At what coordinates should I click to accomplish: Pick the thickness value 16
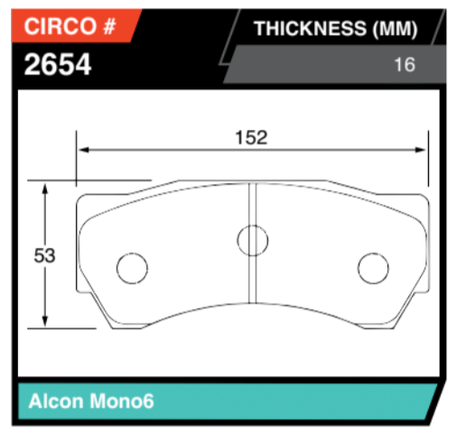[x=404, y=66]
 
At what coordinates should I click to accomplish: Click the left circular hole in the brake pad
[x=132, y=268]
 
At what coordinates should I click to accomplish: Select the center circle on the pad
[x=252, y=239]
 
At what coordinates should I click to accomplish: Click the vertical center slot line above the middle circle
[x=252, y=203]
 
